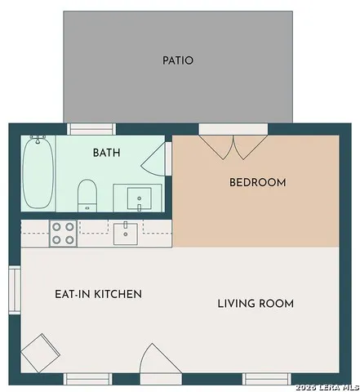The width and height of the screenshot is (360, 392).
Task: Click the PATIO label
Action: [x=178, y=60]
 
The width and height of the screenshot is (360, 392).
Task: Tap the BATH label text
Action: [x=107, y=153]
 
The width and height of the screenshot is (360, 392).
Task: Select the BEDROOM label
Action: [x=258, y=182]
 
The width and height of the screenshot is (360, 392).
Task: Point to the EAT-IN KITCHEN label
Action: [x=98, y=294]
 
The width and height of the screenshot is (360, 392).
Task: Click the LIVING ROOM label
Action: [x=256, y=304]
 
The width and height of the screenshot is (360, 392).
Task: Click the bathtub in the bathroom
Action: [x=38, y=172]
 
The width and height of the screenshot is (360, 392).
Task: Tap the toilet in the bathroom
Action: [x=87, y=195]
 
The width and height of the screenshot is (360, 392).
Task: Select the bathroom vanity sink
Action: [x=140, y=198]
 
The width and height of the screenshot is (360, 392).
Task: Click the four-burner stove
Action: [x=63, y=234]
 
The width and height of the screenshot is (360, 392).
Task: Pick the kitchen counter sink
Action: [x=126, y=234]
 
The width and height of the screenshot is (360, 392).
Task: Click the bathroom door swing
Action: [x=153, y=158]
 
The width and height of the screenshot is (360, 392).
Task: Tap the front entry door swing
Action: [x=161, y=359]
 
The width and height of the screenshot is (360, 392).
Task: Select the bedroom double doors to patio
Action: [x=233, y=147]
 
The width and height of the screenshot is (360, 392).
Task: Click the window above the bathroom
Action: [x=91, y=129]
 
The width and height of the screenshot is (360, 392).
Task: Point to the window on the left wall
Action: [x=15, y=290]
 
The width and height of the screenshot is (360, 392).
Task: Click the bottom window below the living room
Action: [x=267, y=379]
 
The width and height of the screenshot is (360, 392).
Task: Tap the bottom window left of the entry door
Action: [x=88, y=379]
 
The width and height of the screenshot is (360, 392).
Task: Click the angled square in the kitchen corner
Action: [x=41, y=353]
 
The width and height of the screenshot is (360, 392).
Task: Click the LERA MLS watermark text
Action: [x=327, y=387]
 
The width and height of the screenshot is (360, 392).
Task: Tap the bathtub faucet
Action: [x=38, y=139]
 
